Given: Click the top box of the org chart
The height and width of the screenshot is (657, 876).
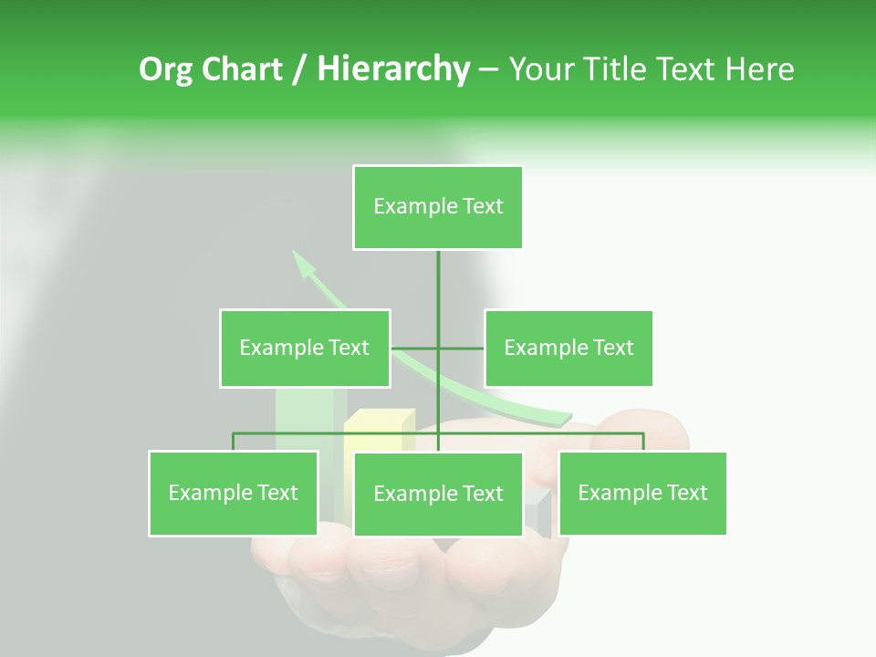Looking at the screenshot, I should pyautogui.click(x=438, y=207).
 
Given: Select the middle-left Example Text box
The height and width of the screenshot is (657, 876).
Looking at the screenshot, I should pyautogui.click(x=304, y=348).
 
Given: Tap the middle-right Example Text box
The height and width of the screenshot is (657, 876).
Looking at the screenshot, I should pyautogui.click(x=568, y=348).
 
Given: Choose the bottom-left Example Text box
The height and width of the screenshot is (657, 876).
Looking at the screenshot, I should pyautogui.click(x=234, y=493).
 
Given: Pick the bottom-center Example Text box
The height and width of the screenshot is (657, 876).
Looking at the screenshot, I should pyautogui.click(x=438, y=494).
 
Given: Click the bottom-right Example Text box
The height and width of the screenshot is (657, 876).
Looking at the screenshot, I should pyautogui.click(x=642, y=493).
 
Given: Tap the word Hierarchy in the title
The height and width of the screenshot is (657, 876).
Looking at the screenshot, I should pyautogui.click(x=393, y=69).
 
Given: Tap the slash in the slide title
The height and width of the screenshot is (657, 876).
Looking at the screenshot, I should pyautogui.click(x=299, y=69).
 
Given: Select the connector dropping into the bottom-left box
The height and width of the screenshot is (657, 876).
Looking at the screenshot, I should pyautogui.click(x=234, y=443).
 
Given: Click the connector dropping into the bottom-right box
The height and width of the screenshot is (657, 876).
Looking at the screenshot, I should pyautogui.click(x=643, y=443).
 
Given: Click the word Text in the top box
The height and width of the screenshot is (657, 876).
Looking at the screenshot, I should pyautogui.click(x=482, y=207).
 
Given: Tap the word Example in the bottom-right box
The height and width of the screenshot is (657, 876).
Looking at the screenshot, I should pyautogui.click(x=618, y=493).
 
